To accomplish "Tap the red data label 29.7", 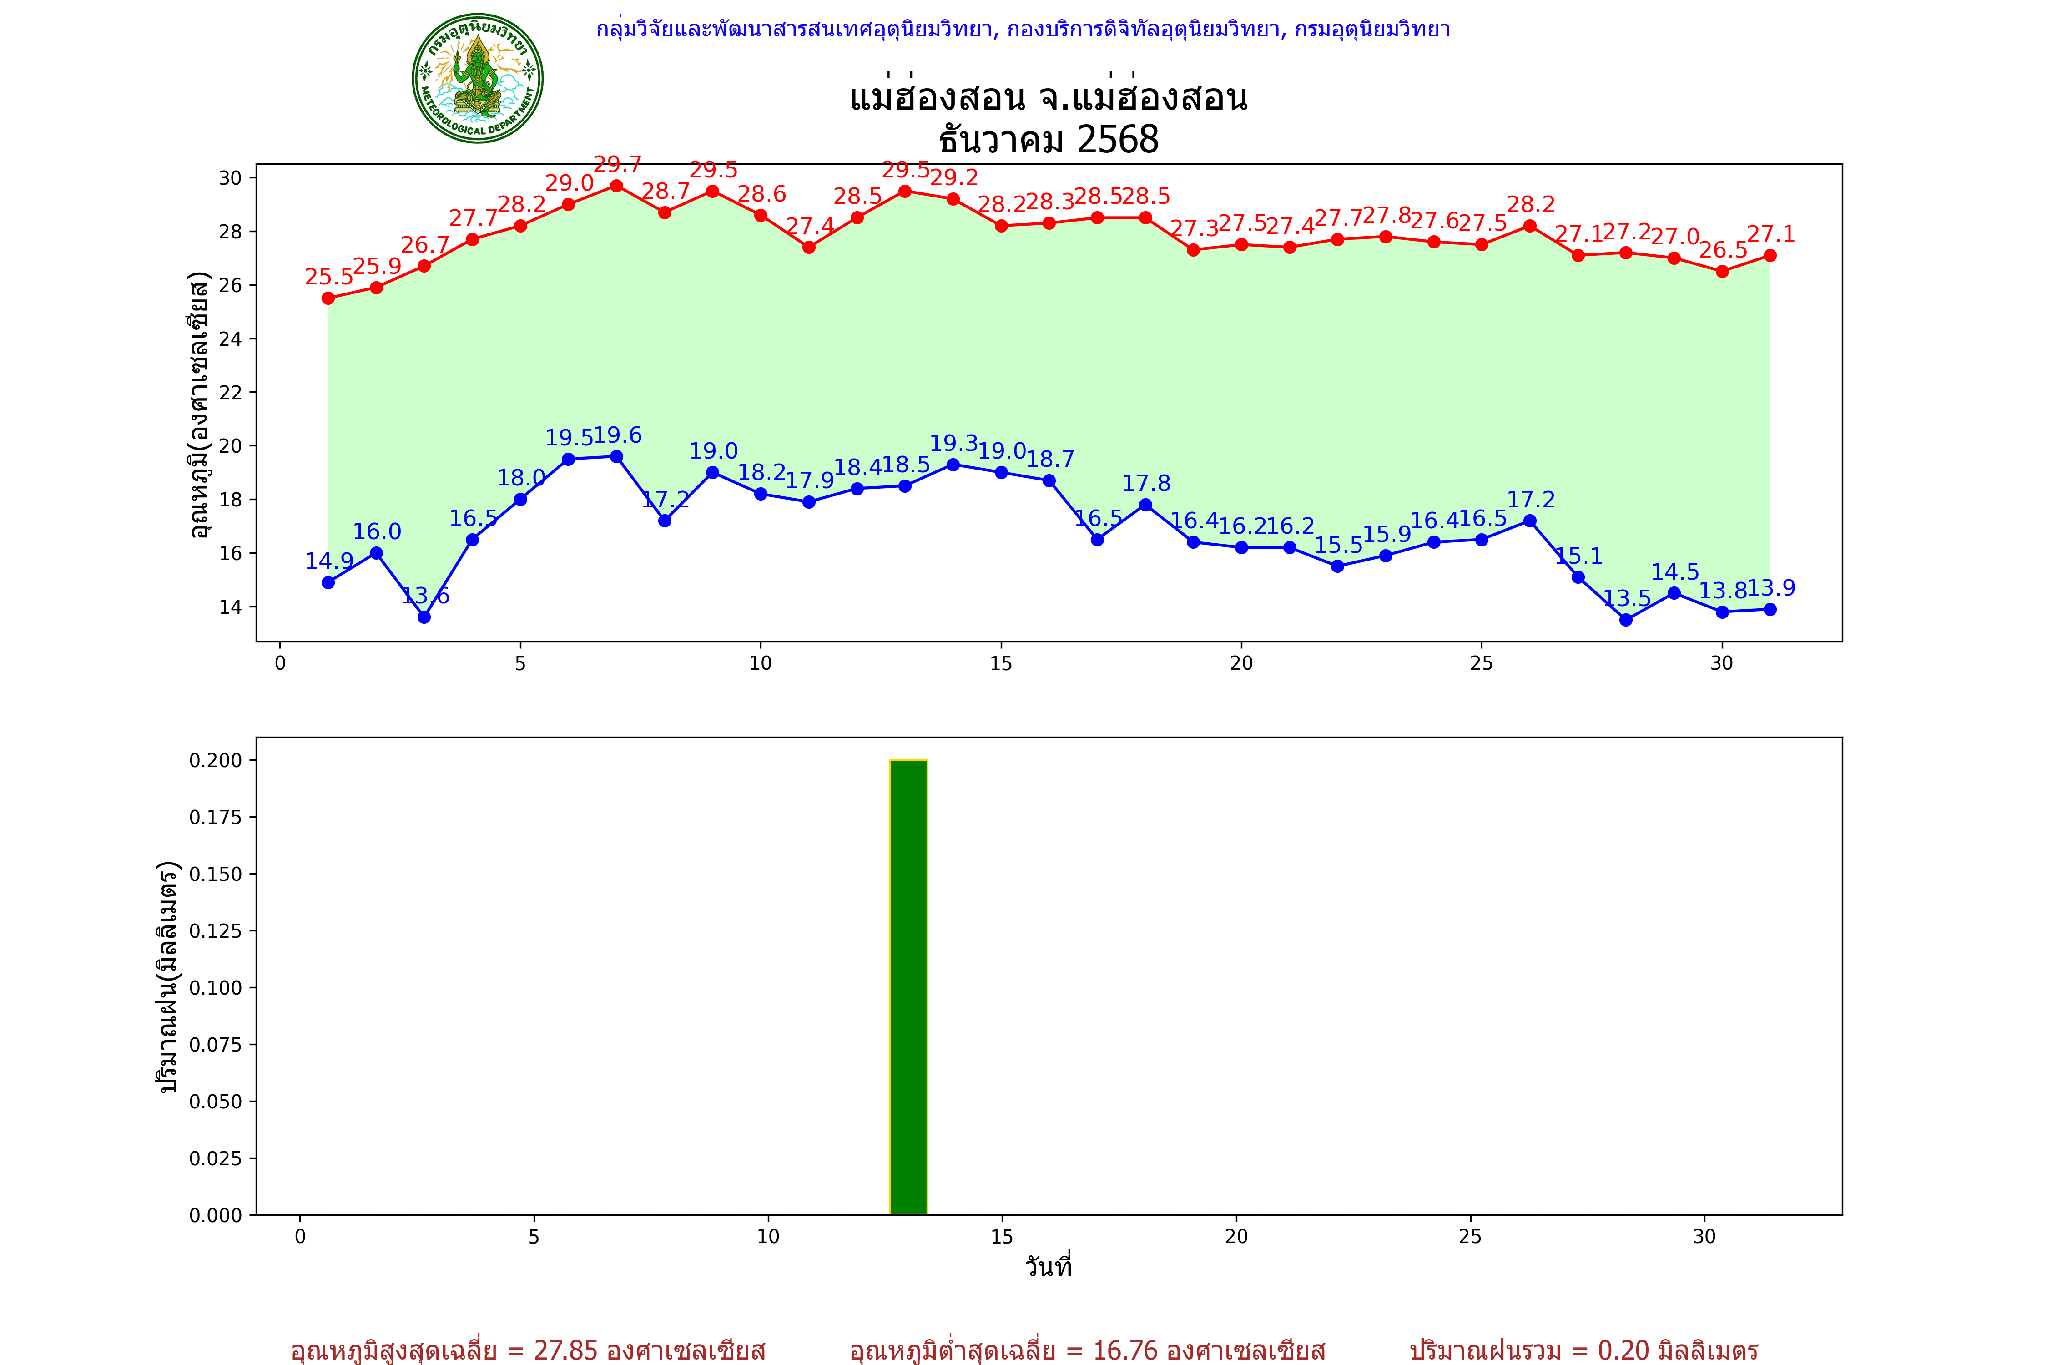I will point(617,165).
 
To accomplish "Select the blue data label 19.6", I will point(617,435).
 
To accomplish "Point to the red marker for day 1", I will point(328,298).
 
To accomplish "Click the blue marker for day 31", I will point(1770,609).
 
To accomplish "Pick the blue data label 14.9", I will point(329,561).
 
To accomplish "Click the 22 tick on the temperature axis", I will point(231,393).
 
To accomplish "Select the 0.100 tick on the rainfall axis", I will point(215,987).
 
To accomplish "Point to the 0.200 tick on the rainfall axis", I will point(215,760).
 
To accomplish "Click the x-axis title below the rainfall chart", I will point(1048,1267).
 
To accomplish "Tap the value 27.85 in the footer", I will point(566,1350).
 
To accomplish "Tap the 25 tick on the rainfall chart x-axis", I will point(1470,1236).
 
